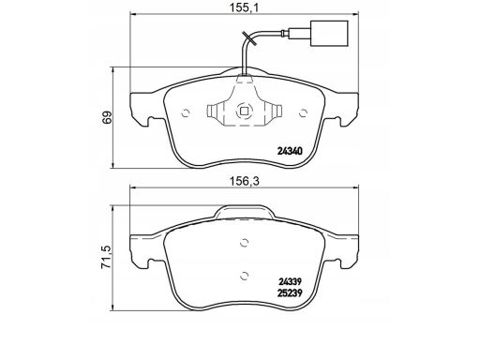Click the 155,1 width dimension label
click(x=245, y=8)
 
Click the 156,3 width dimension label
click(x=245, y=181)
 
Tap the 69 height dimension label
click(x=107, y=118)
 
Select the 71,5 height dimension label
click(x=107, y=257)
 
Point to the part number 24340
click(x=290, y=151)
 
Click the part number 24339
click(x=290, y=282)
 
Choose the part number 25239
click(x=290, y=293)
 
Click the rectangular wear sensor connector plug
click(x=329, y=33)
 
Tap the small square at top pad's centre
click(x=244, y=111)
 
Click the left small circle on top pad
click(x=186, y=112)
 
